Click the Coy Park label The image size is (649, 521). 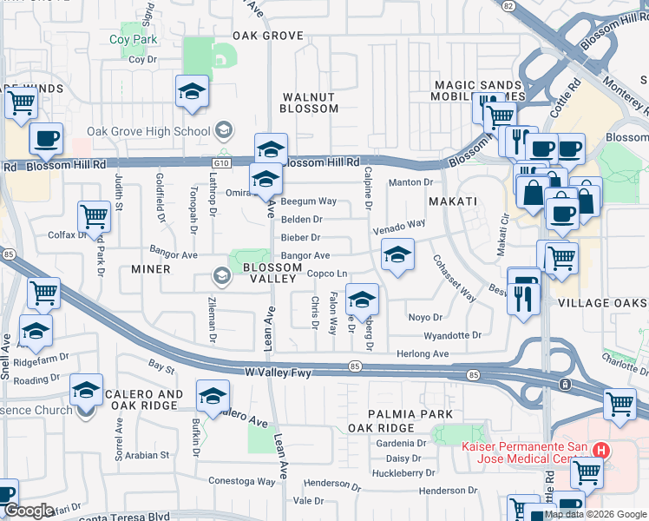[x=133, y=39]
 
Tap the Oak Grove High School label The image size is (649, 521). [x=148, y=132]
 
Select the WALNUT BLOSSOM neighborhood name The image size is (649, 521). [x=309, y=102]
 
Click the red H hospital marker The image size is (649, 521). [x=601, y=450]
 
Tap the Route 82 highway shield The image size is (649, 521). [x=509, y=5]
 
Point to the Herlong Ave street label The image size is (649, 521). [x=423, y=353]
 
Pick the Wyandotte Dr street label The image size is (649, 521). [x=452, y=335]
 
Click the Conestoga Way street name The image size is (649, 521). [x=242, y=480]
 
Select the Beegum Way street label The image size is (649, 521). [x=308, y=201]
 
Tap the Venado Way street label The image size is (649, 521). [x=399, y=225]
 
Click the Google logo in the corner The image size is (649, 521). [x=29, y=511]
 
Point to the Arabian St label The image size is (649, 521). [x=145, y=454]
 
